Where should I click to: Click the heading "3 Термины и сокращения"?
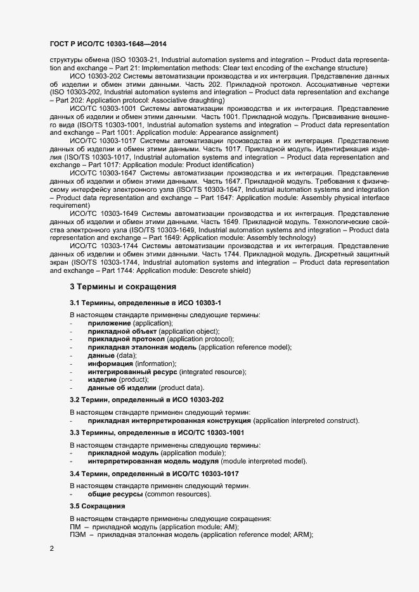click(122, 287)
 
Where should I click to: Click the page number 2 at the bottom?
click(51, 548)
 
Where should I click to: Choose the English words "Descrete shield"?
click(223, 271)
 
